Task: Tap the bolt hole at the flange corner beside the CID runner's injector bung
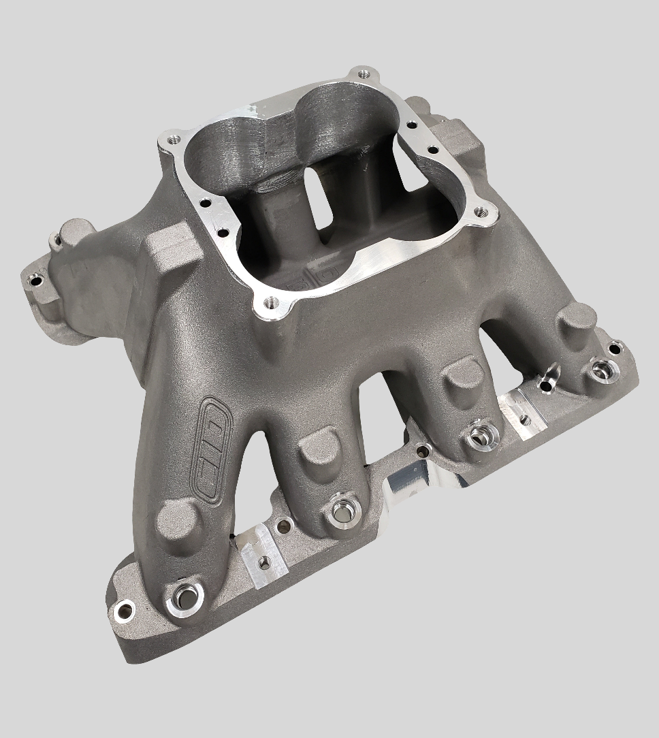point(123,608)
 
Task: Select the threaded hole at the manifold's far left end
point(33,280)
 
